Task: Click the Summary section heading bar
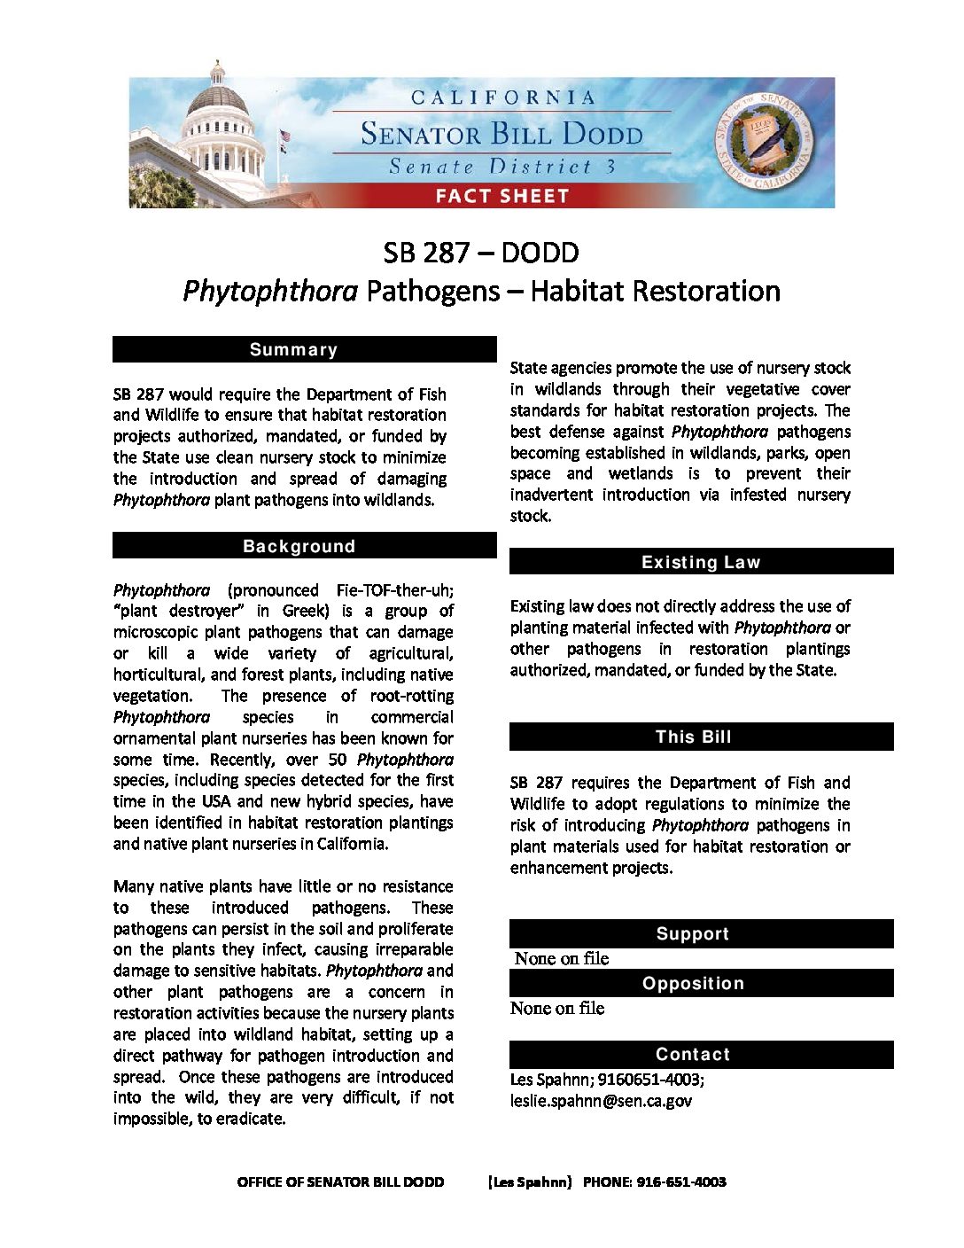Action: point(304,349)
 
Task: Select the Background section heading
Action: point(304,546)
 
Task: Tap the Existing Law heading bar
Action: point(701,562)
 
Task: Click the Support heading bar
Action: point(701,933)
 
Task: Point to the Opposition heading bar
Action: point(701,983)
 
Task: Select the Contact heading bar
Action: point(701,1054)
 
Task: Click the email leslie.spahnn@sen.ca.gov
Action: point(601,1101)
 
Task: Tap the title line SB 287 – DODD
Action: point(481,253)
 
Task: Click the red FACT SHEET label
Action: point(501,196)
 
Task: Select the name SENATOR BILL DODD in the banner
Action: point(501,134)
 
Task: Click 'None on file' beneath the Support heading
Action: point(562,958)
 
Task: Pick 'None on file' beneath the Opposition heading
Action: point(557,1008)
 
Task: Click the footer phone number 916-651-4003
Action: point(681,1182)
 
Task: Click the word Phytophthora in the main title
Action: point(270,291)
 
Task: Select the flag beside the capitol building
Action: point(284,138)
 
